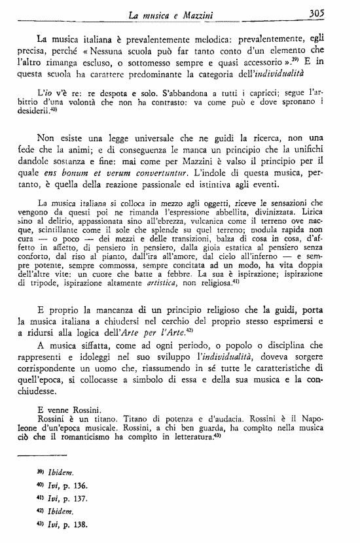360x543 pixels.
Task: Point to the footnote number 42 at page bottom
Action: tap(39, 510)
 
